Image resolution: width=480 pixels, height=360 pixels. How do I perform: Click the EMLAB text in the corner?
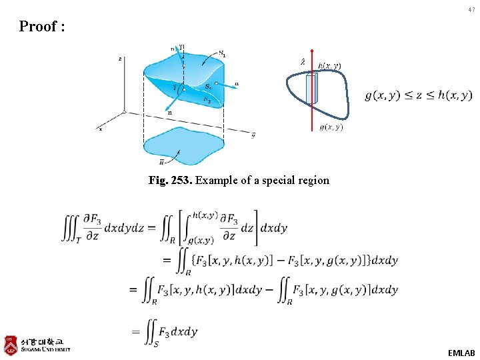pyautogui.click(x=461, y=351)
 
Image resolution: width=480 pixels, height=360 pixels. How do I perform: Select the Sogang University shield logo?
pyautogui.click(x=11, y=344)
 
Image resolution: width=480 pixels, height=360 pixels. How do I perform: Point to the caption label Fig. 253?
pyautogui.click(x=170, y=181)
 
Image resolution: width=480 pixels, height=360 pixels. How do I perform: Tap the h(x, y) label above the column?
pyautogui.click(x=329, y=65)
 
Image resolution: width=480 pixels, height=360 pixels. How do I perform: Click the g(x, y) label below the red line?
pyautogui.click(x=331, y=127)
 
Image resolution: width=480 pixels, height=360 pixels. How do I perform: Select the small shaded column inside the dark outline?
pyautogui.click(x=311, y=89)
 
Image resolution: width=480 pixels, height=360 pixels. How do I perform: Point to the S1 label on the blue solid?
pyautogui.click(x=221, y=55)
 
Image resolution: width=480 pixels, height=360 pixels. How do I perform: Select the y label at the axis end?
pyautogui.click(x=253, y=136)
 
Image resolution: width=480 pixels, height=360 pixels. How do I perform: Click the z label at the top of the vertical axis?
pyautogui.click(x=120, y=59)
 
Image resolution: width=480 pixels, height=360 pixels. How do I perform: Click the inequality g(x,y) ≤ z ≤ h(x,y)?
pyautogui.click(x=418, y=95)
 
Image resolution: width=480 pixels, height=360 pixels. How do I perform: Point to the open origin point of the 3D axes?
pyautogui.click(x=125, y=112)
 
